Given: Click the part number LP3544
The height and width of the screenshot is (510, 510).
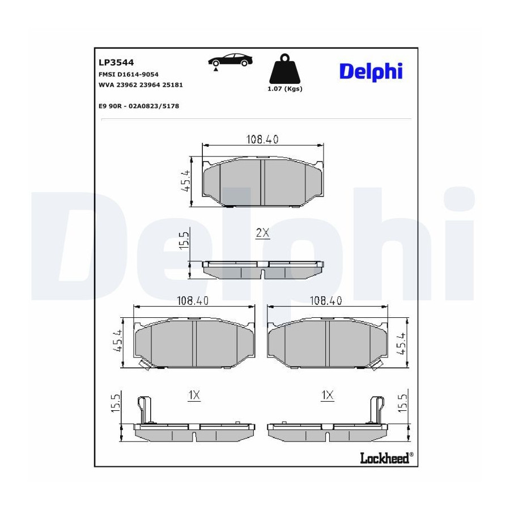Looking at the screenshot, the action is [116, 62].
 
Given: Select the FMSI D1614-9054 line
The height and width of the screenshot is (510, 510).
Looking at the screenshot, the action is [129, 74].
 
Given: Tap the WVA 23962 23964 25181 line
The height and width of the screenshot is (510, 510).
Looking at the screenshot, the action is [141, 85].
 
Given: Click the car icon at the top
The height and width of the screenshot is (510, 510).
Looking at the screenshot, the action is [230, 61].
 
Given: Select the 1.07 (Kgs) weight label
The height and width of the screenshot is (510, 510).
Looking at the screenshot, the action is [285, 89].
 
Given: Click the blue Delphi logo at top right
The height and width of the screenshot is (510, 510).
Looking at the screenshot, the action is [371, 71].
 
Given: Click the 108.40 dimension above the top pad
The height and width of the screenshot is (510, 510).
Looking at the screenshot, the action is [262, 139].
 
